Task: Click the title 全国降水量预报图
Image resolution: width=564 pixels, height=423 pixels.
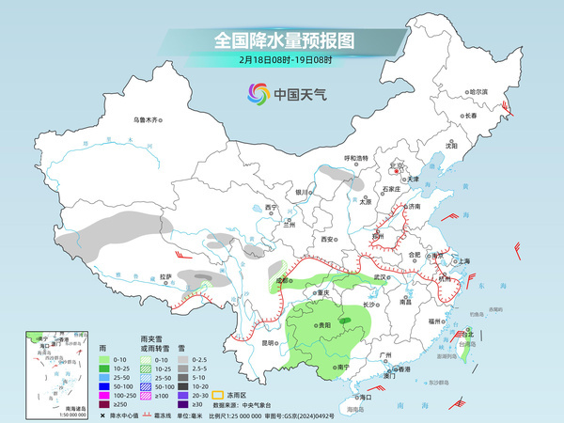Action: [x=282, y=40]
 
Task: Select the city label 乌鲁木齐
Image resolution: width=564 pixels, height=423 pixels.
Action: [x=148, y=119]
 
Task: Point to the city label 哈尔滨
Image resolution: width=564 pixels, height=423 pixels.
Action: [x=478, y=91]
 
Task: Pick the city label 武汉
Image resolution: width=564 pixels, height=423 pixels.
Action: [x=381, y=277]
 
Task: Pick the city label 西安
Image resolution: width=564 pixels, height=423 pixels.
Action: [x=327, y=240]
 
